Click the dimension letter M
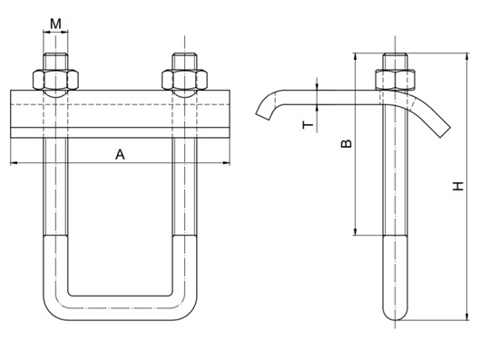point(55,24)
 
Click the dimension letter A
point(120,154)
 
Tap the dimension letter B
point(347,143)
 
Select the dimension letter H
point(458,186)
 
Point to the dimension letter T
point(308,125)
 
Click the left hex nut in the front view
point(55,80)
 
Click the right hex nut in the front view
point(184,80)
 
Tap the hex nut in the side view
point(395,80)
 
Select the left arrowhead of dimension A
point(15,162)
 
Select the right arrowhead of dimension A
point(226,162)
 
